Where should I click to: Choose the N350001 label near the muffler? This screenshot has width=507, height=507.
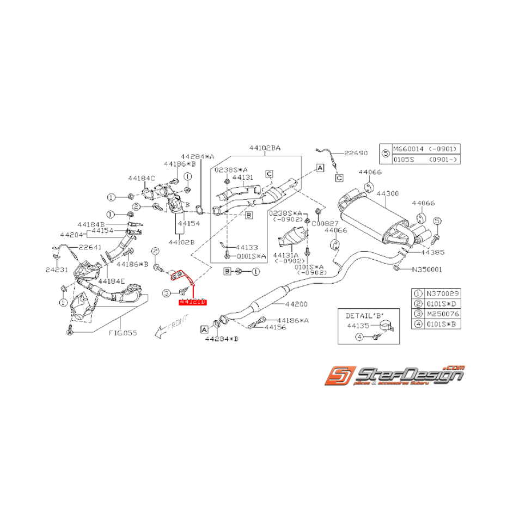[x=427, y=268]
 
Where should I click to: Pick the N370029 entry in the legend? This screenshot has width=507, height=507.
[x=439, y=293]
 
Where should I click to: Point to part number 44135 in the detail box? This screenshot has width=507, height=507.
[x=358, y=326]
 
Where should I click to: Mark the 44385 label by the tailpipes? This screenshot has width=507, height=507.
[x=432, y=252]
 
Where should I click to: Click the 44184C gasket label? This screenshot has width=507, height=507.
[x=142, y=178]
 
